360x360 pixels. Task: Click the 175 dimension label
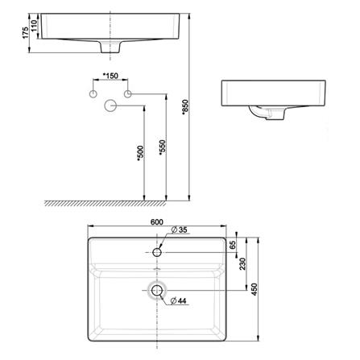point(25,33)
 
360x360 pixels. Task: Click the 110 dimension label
point(34,26)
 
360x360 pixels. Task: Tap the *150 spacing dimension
point(110,76)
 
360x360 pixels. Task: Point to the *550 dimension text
point(163,147)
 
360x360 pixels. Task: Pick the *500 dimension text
point(141,153)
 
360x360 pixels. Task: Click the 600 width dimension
point(157,222)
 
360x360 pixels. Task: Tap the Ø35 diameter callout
point(179,230)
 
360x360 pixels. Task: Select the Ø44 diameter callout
point(178,301)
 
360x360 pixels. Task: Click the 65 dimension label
point(233,245)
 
